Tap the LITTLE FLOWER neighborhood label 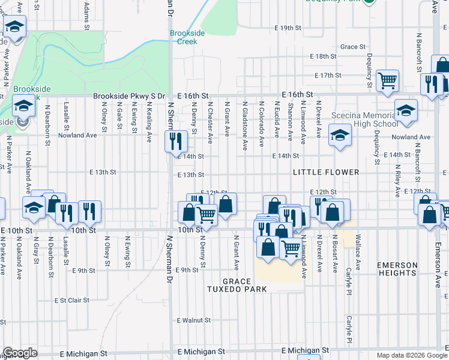[x=326, y=172]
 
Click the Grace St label [x=353, y=47]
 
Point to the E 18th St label [x=323, y=56]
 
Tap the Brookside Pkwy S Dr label [x=128, y=95]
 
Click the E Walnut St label [x=194, y=321]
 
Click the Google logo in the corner [x=20, y=353]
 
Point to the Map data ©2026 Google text [x=411, y=355]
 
